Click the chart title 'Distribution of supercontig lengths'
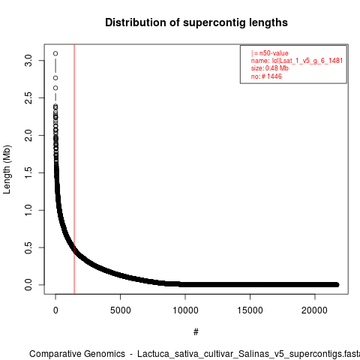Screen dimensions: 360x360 tap(196, 22)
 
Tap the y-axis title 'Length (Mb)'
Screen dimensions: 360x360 tap(7, 169)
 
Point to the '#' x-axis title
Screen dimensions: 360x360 tap(196, 332)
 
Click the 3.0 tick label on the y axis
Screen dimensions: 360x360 tap(28, 61)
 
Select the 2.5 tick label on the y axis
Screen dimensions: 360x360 tap(28, 98)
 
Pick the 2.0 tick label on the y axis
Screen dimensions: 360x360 tap(28, 135)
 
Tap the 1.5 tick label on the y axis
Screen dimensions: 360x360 tap(28, 172)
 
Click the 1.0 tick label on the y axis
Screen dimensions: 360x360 tap(28, 210)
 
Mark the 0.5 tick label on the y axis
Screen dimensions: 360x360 tap(28, 247)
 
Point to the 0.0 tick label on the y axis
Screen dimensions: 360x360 tap(28, 285)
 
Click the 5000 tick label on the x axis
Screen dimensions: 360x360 tap(121, 310)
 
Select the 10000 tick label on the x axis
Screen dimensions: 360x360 tap(185, 310)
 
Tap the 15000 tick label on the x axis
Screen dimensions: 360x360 tap(250, 310)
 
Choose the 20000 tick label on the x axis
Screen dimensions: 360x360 tap(314, 310)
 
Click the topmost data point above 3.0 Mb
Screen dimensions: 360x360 tap(55, 53)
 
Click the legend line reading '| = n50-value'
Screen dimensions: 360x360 tap(270, 53)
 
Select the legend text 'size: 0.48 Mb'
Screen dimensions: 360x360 tap(270, 68)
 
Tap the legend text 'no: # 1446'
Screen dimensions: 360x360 tap(266, 76)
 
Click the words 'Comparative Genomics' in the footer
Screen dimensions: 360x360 tap(77, 354)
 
